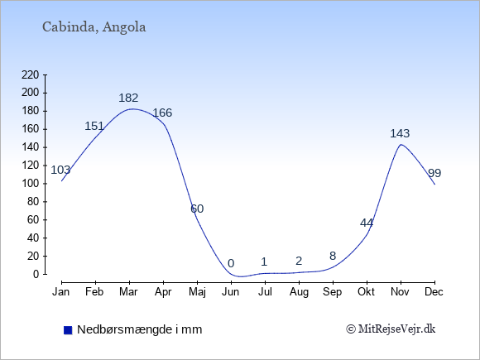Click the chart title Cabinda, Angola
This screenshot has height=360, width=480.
point(94,27)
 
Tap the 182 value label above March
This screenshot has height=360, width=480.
point(128,98)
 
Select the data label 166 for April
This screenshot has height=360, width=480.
point(162,113)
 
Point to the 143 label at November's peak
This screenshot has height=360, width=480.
point(400,133)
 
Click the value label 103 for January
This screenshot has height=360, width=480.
point(60,170)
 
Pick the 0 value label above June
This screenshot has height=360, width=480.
point(231,263)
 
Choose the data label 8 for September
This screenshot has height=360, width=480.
point(333,256)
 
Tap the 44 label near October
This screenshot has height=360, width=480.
point(367,223)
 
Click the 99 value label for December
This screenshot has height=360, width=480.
point(434,173)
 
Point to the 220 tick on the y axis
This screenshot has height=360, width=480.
point(31,74)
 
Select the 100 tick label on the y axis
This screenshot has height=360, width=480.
point(31,184)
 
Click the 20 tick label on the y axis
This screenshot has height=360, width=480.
point(33,256)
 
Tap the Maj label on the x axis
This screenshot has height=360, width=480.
point(197,292)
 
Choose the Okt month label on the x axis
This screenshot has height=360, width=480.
point(366,292)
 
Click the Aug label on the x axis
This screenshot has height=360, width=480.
point(299,292)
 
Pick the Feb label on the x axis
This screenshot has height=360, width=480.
point(94,292)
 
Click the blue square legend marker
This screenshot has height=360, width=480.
point(68,330)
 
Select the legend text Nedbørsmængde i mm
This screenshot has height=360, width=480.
point(140,329)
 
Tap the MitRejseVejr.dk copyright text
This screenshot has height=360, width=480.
point(391,329)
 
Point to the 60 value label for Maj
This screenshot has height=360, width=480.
point(197,209)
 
